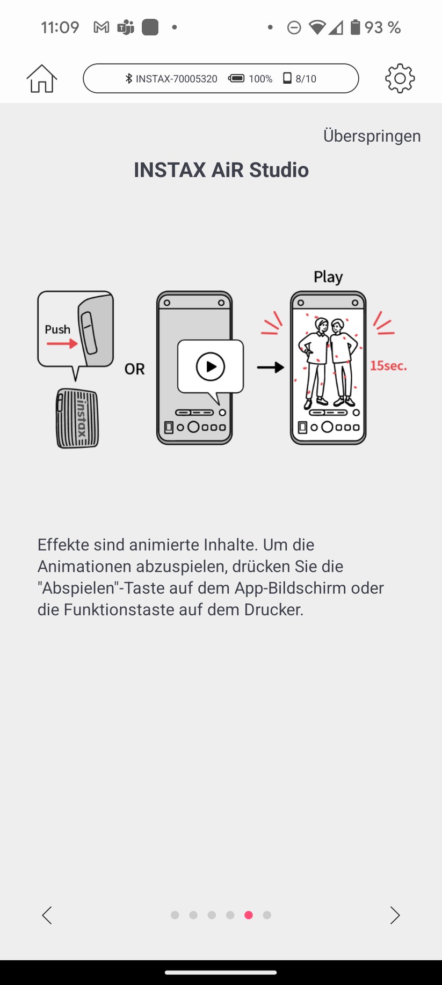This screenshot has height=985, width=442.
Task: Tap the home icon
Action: pyautogui.click(x=41, y=78)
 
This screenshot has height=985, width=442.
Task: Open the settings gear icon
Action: pyautogui.click(x=400, y=78)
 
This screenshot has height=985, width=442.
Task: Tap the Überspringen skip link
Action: pyautogui.click(x=372, y=136)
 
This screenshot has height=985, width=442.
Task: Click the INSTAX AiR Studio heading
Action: pyautogui.click(x=221, y=170)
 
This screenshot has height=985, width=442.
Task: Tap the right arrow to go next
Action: pyautogui.click(x=395, y=915)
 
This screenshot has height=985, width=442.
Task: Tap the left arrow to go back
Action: pyautogui.click(x=47, y=915)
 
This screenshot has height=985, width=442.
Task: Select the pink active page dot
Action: pyautogui.click(x=248, y=915)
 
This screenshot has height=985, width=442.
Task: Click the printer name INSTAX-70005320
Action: pyautogui.click(x=176, y=79)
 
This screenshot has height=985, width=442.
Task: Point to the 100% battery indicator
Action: pyautogui.click(x=250, y=79)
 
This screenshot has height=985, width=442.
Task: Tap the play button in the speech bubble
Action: pyautogui.click(x=210, y=367)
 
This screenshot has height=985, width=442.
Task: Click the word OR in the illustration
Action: pyautogui.click(x=134, y=369)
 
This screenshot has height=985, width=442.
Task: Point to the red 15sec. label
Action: pyautogui.click(x=388, y=366)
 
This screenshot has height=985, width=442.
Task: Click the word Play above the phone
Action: pyautogui.click(x=328, y=277)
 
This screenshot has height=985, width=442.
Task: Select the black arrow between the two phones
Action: pyautogui.click(x=270, y=367)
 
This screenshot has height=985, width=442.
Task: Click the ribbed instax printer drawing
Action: pyautogui.click(x=78, y=418)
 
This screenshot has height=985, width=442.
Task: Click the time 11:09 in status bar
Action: pyautogui.click(x=60, y=27)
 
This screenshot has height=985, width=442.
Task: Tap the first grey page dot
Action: pyautogui.click(x=175, y=915)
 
